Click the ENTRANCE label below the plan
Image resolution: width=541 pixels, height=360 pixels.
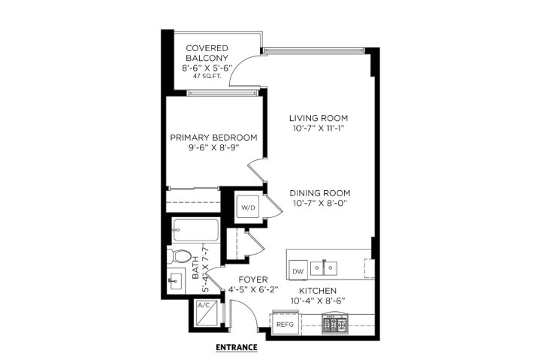coord(236,347)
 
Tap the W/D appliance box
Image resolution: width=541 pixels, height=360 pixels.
coord(247,207)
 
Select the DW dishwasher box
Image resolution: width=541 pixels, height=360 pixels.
coord(297,269)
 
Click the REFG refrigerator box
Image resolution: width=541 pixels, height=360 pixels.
coord(285,324)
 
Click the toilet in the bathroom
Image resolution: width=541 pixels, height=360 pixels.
coord(177,257)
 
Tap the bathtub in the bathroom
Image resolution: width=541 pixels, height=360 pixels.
coord(194,229)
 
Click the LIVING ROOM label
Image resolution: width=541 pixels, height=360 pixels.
coord(320,119)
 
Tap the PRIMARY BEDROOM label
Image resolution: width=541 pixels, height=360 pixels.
coord(213,138)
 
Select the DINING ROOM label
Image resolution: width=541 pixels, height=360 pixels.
coord(320,192)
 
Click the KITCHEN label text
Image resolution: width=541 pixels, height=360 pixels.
coord(317,290)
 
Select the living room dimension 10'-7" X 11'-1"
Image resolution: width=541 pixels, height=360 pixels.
coord(320,130)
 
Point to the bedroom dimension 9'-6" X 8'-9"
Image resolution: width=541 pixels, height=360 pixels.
coord(213,149)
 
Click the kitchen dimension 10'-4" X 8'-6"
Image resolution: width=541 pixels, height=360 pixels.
coord(317,301)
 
